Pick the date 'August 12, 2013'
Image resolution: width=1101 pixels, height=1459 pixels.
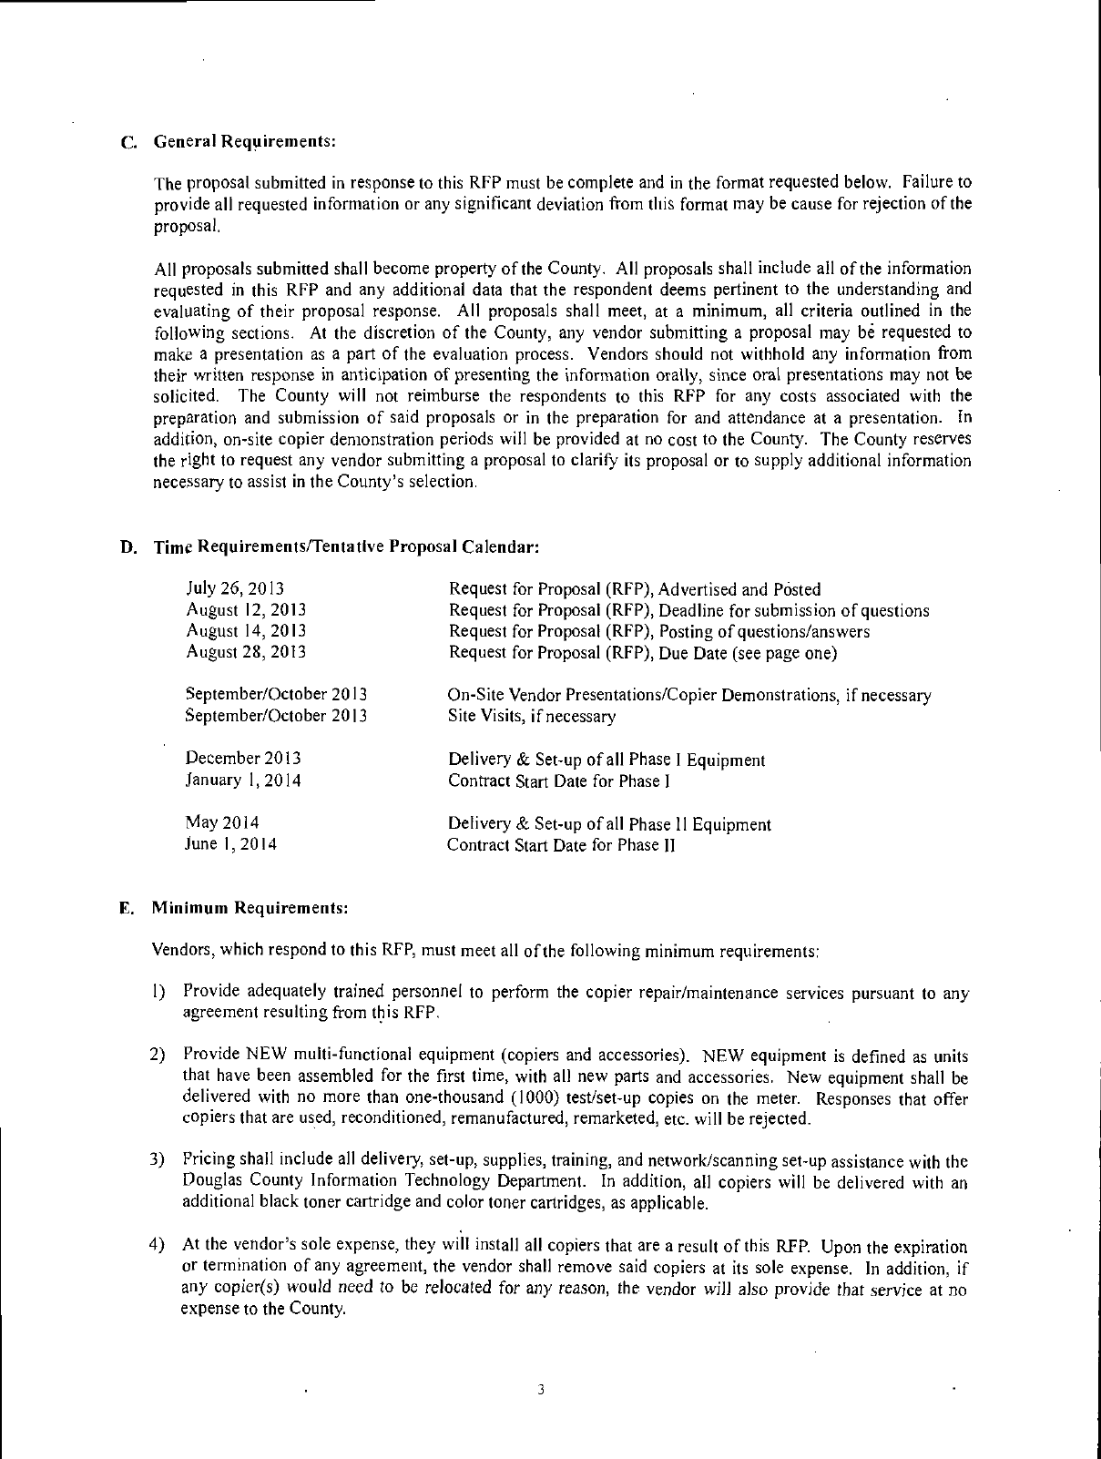[246, 609]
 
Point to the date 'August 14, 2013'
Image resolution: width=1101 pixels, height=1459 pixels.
[246, 630]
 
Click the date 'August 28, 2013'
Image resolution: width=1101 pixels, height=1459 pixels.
[246, 652]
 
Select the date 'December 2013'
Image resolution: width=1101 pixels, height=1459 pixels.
[243, 759]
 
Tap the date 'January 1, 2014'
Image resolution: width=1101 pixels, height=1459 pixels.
[243, 781]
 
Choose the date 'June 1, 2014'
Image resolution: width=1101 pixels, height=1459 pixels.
[230, 844]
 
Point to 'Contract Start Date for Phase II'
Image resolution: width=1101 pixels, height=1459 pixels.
[560, 844]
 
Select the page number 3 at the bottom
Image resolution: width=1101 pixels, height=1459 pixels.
[541, 1390]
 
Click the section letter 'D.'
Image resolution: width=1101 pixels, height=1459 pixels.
[127, 547]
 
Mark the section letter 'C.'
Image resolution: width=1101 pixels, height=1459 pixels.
[128, 143]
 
